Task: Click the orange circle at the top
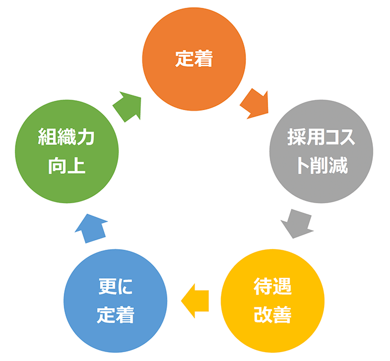click(x=194, y=58)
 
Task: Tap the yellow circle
click(x=272, y=301)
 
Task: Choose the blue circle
click(x=115, y=301)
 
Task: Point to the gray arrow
click(x=295, y=223)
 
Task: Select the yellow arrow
click(x=195, y=301)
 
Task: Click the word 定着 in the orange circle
click(x=194, y=59)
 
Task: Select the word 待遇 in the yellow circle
click(x=272, y=287)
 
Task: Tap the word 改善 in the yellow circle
click(x=272, y=314)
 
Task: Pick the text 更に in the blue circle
click(x=115, y=287)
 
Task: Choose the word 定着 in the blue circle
click(x=115, y=314)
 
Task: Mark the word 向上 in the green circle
click(x=66, y=164)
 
